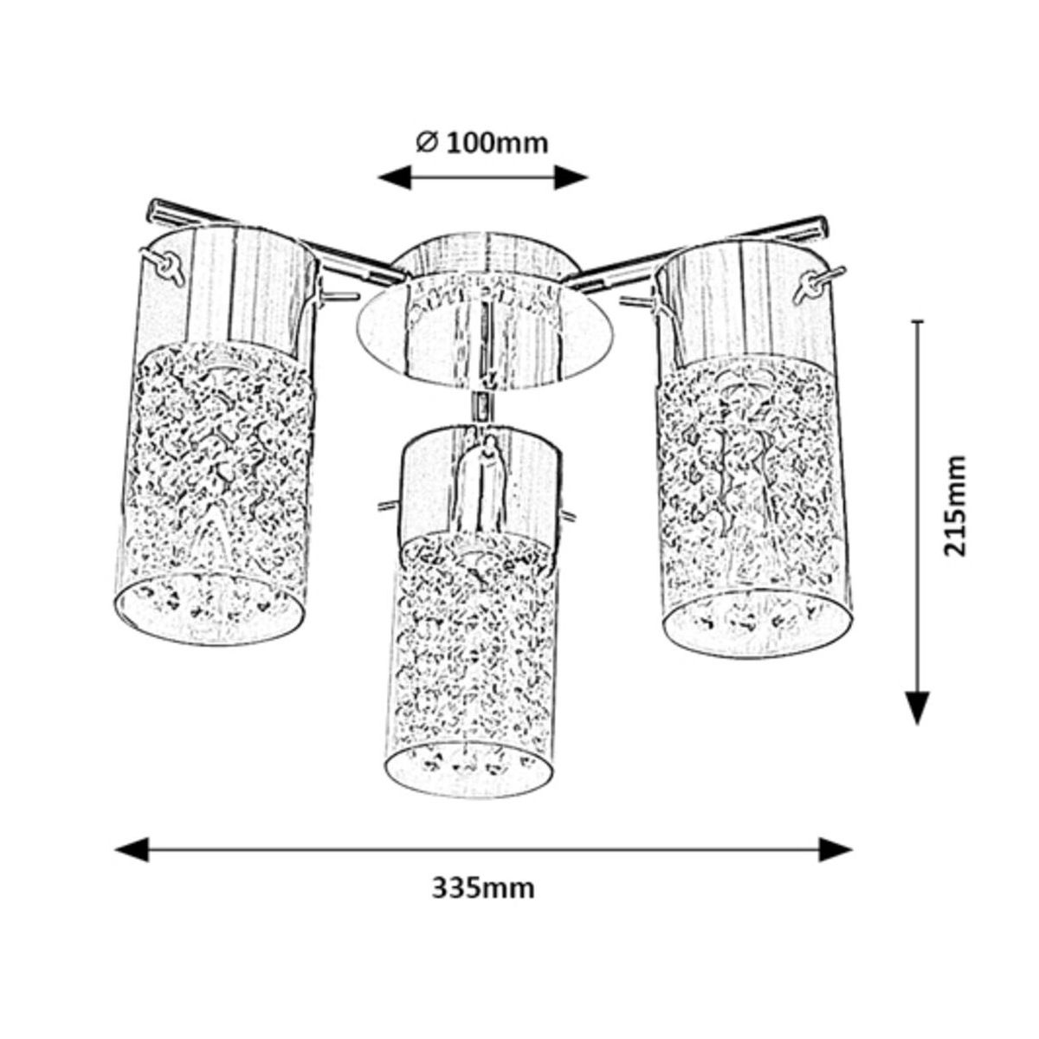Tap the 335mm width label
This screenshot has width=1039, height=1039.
pyautogui.click(x=483, y=887)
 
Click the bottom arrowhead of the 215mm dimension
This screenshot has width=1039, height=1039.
pyautogui.click(x=918, y=705)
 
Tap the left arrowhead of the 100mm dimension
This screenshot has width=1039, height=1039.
pyautogui.click(x=394, y=177)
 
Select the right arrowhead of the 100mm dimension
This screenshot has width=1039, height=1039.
pyautogui.click(x=571, y=177)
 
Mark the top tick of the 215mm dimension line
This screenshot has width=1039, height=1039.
pyautogui.click(x=918, y=321)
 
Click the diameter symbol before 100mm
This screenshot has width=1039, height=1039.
pyautogui.click(x=425, y=143)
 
